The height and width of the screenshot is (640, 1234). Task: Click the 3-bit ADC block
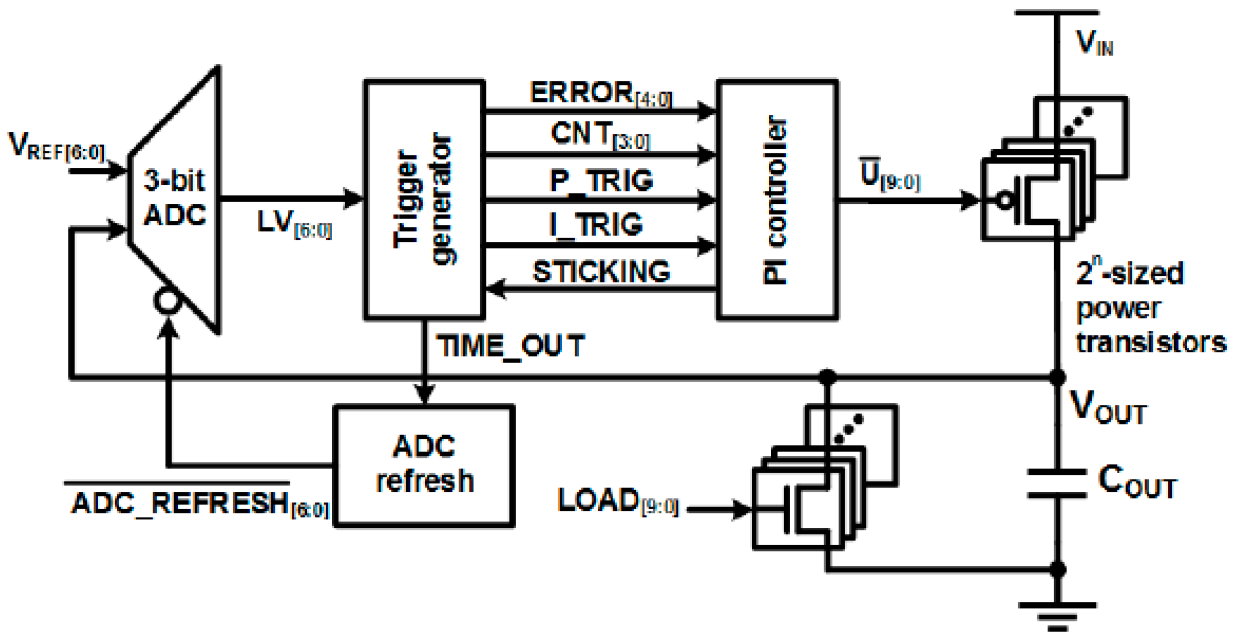tap(175, 199)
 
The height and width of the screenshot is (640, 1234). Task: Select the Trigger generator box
tap(424, 200)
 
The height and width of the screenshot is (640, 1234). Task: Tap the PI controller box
tap(776, 200)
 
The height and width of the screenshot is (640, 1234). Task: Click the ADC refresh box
tap(424, 465)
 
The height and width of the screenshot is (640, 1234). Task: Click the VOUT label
tap(1107, 408)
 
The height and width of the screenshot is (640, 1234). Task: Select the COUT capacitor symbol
tap(1056, 483)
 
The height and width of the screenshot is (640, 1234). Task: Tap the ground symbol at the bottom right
tap(1056, 614)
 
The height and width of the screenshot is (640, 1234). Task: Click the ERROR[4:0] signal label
tap(600, 94)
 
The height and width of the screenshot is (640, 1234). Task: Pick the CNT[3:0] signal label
tap(599, 135)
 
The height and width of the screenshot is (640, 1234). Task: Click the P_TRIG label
tap(601, 181)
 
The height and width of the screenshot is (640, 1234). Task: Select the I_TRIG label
tap(596, 225)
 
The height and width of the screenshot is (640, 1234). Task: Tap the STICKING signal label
tap(601, 272)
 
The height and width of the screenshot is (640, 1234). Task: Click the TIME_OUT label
tap(510, 347)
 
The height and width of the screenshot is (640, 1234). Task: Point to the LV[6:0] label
tap(294, 223)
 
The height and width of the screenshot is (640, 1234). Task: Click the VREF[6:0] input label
tap(57, 147)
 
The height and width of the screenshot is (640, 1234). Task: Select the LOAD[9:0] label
tap(617, 501)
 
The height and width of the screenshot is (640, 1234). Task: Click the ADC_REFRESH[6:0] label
tap(200, 503)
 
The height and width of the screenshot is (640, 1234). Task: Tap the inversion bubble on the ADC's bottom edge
tap(167, 301)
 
